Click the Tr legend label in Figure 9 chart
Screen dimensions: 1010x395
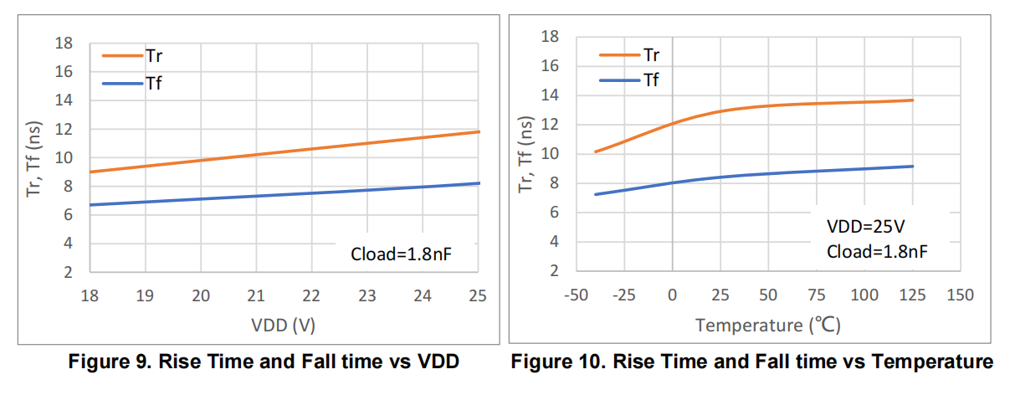[154, 56]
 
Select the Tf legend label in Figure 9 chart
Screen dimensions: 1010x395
[153, 84]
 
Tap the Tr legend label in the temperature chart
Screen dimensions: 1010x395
[651, 55]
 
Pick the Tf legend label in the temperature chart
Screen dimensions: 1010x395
[651, 80]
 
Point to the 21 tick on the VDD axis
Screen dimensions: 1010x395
[256, 295]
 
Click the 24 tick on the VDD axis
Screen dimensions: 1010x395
[423, 295]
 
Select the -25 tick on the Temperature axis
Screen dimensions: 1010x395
[624, 295]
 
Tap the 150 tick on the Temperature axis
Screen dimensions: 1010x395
[961, 295]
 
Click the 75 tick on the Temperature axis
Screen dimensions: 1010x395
[817, 295]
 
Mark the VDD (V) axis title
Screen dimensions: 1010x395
[283, 325]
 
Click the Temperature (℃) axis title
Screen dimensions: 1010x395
[768, 325]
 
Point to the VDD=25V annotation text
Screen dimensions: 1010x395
[866, 226]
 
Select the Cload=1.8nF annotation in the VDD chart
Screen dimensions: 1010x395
[402, 254]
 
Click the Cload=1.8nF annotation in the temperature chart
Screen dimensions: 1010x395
[877, 252]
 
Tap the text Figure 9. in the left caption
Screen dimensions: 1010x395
[110, 362]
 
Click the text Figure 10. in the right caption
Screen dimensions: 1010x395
[558, 362]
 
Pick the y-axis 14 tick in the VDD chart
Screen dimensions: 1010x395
[64, 100]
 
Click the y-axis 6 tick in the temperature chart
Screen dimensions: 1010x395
[554, 213]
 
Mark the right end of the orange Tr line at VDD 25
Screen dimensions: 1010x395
[479, 131]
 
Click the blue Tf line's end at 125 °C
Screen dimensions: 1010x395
[913, 167]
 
